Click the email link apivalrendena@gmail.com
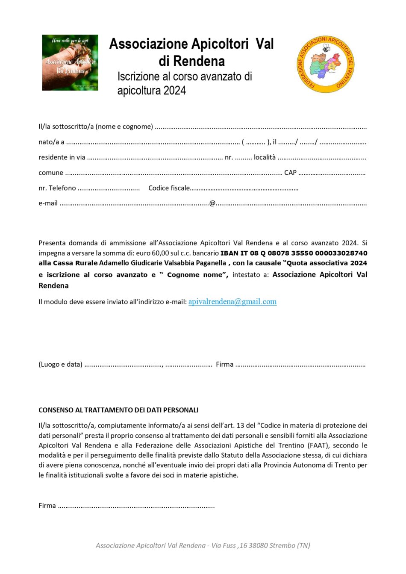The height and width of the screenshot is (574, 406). [232, 302]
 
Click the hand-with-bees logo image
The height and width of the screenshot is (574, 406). [70, 62]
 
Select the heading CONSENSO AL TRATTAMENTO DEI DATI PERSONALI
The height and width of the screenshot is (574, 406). [118, 410]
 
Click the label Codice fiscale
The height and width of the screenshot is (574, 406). [169, 188]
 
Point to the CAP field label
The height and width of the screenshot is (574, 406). [290, 173]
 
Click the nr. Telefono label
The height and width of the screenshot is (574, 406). [57, 188]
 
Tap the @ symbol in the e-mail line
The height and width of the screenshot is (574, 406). [212, 203]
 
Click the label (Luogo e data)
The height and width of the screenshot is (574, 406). [60, 365]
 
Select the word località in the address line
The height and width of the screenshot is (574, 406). [265, 157]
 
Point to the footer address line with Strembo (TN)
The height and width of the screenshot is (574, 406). [203, 545]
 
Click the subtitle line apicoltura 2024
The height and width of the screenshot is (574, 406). [152, 91]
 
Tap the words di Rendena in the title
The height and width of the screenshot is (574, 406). [191, 61]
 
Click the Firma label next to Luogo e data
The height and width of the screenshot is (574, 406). [224, 365]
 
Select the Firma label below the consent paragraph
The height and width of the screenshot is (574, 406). [47, 506]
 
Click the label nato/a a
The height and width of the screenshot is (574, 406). [51, 142]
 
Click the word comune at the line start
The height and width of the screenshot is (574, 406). [51, 173]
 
